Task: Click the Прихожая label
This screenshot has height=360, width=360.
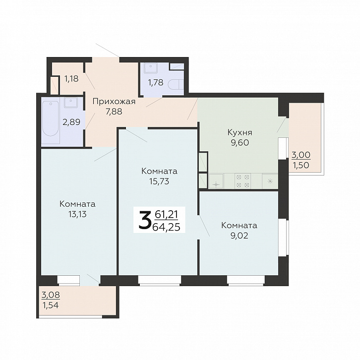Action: [114, 102]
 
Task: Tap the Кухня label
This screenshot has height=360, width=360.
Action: [240, 132]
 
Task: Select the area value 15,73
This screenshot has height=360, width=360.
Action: [159, 181]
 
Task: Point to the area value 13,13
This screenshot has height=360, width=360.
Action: [77, 214]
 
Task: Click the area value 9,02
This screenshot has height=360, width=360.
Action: [239, 236]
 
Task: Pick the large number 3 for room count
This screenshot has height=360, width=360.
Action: [145, 221]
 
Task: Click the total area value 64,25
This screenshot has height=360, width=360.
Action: [166, 227]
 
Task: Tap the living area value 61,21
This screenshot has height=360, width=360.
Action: [166, 214]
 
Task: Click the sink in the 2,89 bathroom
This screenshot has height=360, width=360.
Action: [71, 103]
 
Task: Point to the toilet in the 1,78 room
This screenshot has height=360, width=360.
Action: [176, 85]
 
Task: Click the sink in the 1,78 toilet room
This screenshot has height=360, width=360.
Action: [151, 68]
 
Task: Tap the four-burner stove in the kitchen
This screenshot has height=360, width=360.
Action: [243, 181]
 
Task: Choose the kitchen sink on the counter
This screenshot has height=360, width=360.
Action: [216, 181]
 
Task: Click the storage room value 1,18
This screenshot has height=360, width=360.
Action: [71, 79]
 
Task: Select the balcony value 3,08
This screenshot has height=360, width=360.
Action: [51, 295]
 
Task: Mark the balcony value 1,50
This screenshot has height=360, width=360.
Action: [301, 165]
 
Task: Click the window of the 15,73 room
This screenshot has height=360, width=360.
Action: [160, 281]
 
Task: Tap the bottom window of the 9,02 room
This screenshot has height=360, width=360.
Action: [246, 281]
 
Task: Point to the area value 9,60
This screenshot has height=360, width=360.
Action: [240, 143]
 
